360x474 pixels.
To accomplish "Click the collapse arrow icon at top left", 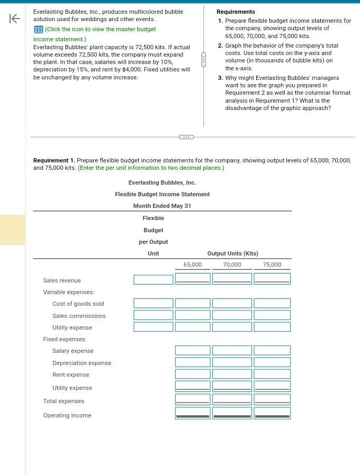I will click(15, 19).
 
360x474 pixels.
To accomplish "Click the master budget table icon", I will click(38, 29).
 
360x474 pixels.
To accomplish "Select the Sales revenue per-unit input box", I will click(153, 279).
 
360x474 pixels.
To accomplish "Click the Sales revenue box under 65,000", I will click(193, 278).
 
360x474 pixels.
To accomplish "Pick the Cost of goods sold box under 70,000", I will click(232, 303).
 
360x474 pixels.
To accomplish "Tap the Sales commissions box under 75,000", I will click(272, 315).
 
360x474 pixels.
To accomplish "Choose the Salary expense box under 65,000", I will click(193, 350).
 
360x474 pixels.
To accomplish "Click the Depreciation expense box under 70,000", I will click(232, 362).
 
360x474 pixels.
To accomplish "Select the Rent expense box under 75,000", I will click(272, 374).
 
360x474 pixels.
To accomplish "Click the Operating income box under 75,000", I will click(272, 413).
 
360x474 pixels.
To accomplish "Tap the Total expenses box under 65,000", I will click(193, 399).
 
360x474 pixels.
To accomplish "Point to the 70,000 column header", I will click(232, 265).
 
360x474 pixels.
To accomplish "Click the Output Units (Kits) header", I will click(232, 253).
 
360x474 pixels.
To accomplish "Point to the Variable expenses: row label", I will click(68, 292).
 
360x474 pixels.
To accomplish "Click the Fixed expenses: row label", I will click(65, 339).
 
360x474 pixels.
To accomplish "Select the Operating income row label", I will click(67, 415).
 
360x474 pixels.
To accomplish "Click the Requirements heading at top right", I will click(236, 12).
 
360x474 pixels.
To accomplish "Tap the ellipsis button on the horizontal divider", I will click(186, 137).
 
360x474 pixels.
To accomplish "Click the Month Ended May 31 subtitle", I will click(162, 206).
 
